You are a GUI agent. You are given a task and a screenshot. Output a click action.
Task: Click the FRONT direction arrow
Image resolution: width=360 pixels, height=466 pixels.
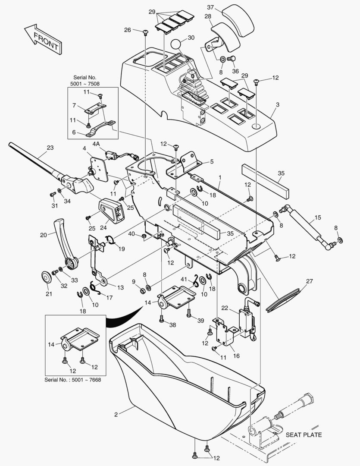[x=44, y=39]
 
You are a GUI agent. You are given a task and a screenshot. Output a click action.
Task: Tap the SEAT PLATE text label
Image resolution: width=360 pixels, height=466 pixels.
[x=304, y=435]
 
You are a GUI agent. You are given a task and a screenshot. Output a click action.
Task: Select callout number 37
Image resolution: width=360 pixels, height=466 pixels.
[x=210, y=7]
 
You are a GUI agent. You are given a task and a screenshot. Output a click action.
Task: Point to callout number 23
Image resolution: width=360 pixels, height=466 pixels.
[x=50, y=148]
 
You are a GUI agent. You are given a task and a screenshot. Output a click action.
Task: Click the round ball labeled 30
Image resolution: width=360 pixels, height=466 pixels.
[x=175, y=44]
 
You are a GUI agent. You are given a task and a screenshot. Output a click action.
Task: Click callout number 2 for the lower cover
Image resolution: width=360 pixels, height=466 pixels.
[x=116, y=414]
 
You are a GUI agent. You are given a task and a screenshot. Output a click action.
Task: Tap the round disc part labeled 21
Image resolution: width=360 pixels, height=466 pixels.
[x=46, y=277]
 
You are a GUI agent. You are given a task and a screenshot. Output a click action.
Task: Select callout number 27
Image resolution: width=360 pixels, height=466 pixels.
[x=310, y=281]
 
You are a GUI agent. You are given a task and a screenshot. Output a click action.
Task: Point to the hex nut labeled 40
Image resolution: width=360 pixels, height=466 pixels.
[x=144, y=236]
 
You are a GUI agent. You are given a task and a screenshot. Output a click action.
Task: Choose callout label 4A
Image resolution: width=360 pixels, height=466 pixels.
[x=96, y=144]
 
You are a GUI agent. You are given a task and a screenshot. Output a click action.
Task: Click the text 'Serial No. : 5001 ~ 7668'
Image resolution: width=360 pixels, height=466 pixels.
[x=73, y=380]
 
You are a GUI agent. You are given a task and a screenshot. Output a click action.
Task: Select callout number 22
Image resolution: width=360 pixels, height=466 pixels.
[x=225, y=308]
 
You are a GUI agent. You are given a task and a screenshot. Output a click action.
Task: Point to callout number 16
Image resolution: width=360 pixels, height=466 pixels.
[x=236, y=356]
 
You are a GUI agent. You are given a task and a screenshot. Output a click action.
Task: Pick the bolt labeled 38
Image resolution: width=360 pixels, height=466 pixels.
[x=162, y=319]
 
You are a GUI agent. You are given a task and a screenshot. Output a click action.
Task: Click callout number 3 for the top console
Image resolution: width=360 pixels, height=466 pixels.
[x=277, y=104]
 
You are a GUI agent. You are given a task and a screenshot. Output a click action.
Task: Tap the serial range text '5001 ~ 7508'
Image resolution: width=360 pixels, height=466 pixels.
[x=85, y=84]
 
